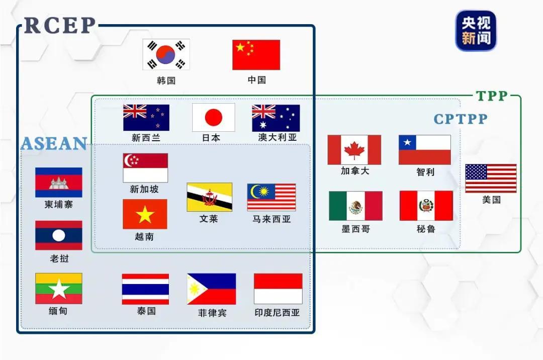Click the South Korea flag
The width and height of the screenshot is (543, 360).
click(x=166, y=55)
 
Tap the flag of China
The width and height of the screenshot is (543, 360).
click(x=256, y=55)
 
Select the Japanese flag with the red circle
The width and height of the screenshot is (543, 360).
click(x=213, y=118)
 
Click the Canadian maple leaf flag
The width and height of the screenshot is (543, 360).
click(x=354, y=150)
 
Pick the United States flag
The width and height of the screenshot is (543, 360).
click(x=491, y=178)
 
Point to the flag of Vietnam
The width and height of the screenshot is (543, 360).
click(x=145, y=214)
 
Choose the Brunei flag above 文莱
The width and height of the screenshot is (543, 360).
click(x=209, y=197)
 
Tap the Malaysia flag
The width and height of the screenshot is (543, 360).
click(x=271, y=197)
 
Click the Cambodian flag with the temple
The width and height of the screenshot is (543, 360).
click(x=58, y=183)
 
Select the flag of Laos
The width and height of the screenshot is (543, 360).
click(x=58, y=235)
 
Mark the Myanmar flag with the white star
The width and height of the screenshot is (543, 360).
click(x=58, y=289)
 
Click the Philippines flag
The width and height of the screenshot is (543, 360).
click(x=211, y=289)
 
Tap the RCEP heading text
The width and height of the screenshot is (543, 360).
click(x=60, y=26)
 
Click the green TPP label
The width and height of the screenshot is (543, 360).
click(x=492, y=96)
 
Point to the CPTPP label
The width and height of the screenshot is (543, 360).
click(x=461, y=119)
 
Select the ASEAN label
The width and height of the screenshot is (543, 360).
click(x=54, y=144)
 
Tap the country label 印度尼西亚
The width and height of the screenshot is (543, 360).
click(x=277, y=313)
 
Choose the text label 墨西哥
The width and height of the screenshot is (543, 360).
click(x=355, y=229)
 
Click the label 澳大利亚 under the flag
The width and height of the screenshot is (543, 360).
click(x=278, y=137)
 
